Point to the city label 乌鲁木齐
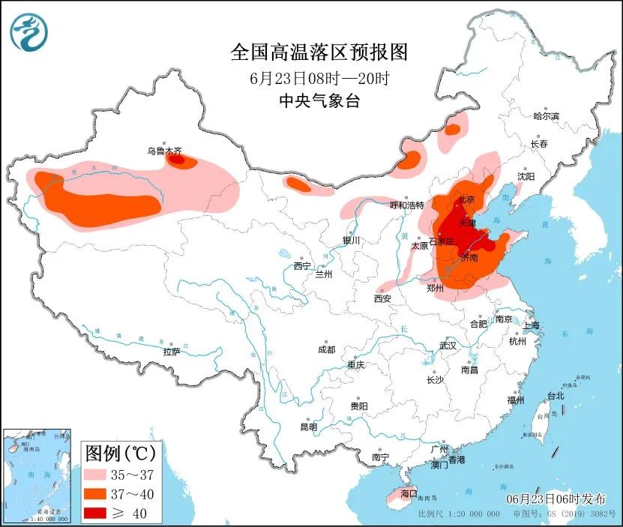[x=164, y=150]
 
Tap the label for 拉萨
[x=171, y=352]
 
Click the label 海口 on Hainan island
[x=409, y=493]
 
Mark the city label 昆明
[x=308, y=427]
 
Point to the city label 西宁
[x=301, y=265]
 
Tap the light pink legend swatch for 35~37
[x=99, y=474]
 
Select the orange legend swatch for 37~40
[x=99, y=493]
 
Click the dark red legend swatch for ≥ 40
[x=99, y=513]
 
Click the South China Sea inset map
[x=37, y=475]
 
